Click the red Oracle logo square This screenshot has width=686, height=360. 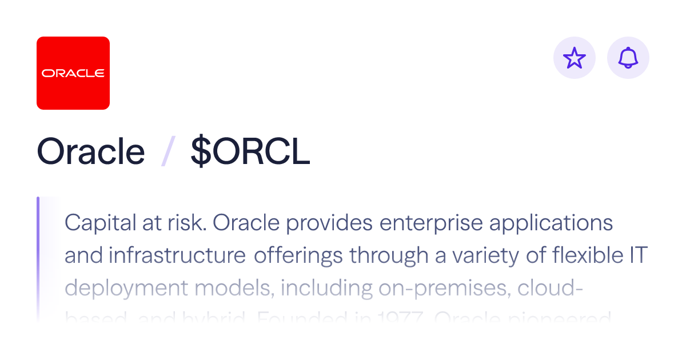(73, 73)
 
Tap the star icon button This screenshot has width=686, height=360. (575, 58)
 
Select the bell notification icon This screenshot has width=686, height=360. (628, 58)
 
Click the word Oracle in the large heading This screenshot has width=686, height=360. (91, 152)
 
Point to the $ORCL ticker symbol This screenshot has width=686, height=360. (250, 152)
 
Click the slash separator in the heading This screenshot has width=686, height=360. (167, 153)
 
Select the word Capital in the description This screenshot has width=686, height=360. (98, 223)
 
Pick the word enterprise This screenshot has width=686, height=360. (433, 223)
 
